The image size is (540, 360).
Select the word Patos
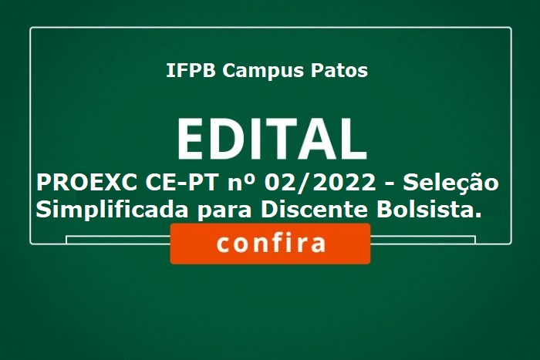point(339,70)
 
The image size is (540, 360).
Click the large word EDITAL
point(272,139)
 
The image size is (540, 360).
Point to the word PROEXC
point(86,183)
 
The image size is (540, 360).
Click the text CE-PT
point(182,183)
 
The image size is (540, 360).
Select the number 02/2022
point(320,183)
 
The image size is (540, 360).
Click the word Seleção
point(451,183)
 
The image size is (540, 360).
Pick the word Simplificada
point(112,210)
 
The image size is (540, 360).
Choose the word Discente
point(314,209)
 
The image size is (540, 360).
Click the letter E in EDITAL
point(190,139)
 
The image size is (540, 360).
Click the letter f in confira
point(281,242)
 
